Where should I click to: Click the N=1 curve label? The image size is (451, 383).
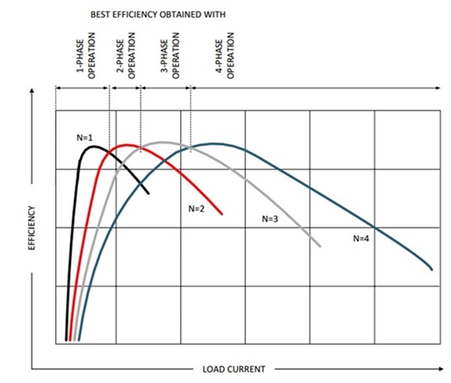pyautogui.click(x=85, y=137)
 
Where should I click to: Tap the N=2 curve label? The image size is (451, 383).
pyautogui.click(x=196, y=209)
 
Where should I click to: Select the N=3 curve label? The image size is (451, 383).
pyautogui.click(x=270, y=219)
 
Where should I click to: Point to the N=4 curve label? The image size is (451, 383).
pyautogui.click(x=361, y=238)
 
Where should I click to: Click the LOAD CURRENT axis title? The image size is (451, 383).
pyautogui.click(x=234, y=369)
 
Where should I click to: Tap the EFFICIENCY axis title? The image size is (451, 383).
pyautogui.click(x=32, y=228)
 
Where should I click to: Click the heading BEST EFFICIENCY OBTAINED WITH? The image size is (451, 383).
pyautogui.click(x=158, y=15)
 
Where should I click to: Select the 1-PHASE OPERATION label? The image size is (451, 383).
pyautogui.click(x=86, y=55)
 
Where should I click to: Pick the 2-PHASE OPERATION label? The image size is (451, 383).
pyautogui.click(x=126, y=55)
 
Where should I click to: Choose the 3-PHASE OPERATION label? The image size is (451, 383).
pyautogui.click(x=170, y=55)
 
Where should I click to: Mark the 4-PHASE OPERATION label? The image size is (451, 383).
pyautogui.click(x=225, y=55)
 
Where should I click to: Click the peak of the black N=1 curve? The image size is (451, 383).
pyautogui.click(x=94, y=146)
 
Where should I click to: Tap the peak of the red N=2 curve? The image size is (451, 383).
pyautogui.click(x=126, y=145)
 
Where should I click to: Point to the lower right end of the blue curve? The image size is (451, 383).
pyautogui.click(x=431, y=270)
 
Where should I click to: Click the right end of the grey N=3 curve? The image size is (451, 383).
pyautogui.click(x=320, y=246)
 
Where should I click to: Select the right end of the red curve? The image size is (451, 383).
pyautogui.click(x=222, y=214)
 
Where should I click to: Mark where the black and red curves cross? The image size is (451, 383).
pyautogui.click(x=109, y=150)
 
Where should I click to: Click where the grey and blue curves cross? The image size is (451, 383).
pyautogui.click(x=190, y=148)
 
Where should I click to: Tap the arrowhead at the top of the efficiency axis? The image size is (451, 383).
pyautogui.click(x=32, y=91)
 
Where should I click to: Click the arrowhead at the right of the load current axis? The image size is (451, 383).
pyautogui.click(x=441, y=369)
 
